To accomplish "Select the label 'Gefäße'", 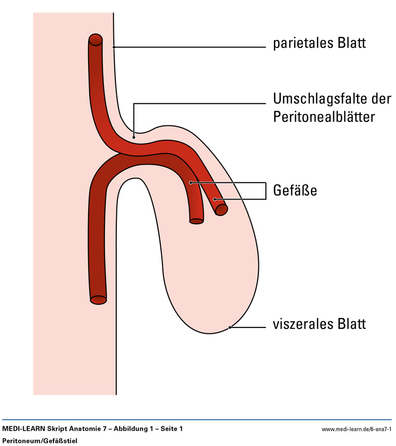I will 295,190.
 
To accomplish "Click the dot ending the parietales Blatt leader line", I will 114,47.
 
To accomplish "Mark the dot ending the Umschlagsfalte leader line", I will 134,136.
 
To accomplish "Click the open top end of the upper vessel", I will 96,40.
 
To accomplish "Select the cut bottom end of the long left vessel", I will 99,299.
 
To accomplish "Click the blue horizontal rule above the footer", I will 198,419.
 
